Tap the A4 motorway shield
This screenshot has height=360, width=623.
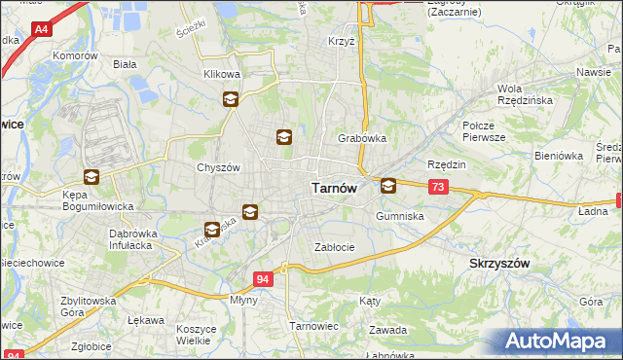[41, 30]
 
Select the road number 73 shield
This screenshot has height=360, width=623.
[438, 187]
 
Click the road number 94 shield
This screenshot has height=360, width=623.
[263, 279]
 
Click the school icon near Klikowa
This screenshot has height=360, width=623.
[231, 98]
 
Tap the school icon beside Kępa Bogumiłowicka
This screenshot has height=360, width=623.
[92, 177]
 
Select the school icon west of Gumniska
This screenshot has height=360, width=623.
[388, 185]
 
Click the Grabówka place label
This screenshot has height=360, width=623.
[362, 138]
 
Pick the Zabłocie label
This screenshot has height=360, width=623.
[334, 247]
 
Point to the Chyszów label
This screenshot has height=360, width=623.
[218, 167]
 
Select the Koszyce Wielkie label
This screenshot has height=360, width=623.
[197, 335]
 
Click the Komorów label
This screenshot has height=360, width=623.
[78, 56]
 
